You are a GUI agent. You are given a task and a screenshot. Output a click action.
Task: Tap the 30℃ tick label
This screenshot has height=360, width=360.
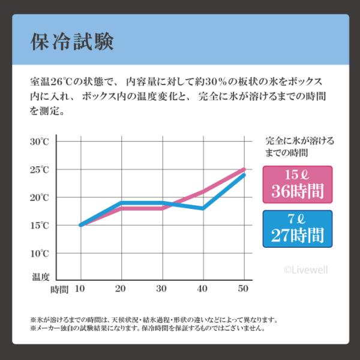point(40,142)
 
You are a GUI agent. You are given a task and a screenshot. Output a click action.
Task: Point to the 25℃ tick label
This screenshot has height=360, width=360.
point(40,170)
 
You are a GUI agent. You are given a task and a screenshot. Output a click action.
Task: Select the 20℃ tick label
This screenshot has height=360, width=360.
point(40,197)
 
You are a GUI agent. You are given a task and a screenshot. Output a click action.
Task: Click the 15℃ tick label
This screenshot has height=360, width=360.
point(40,225)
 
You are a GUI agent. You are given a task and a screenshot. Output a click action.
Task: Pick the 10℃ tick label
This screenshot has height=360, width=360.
point(40,253)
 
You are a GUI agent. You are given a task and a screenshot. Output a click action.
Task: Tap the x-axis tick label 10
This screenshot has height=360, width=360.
point(80,289)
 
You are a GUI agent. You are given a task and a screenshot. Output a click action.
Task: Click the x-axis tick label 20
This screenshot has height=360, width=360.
point(121,289)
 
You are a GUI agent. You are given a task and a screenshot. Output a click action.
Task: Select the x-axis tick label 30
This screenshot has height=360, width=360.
point(162,289)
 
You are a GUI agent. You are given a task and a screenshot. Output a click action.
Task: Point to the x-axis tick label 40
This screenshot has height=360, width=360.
point(203,289)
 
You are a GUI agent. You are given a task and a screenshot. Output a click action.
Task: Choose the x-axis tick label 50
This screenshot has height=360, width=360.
point(243,289)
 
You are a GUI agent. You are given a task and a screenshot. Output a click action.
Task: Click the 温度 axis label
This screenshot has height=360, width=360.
point(41,277)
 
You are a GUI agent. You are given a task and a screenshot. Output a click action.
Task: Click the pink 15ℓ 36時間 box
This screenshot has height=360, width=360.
point(298,185)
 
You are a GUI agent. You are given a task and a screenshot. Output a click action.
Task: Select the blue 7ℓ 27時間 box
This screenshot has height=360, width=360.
point(298,228)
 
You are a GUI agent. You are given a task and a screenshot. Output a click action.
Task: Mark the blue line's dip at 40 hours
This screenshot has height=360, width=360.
point(203,208)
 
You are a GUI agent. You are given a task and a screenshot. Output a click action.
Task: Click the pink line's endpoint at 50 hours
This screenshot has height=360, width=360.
point(244,169)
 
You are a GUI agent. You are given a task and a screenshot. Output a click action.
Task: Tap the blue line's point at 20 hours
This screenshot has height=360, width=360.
point(121,203)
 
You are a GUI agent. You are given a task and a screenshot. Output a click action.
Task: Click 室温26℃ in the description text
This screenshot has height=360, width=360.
point(55,82)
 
